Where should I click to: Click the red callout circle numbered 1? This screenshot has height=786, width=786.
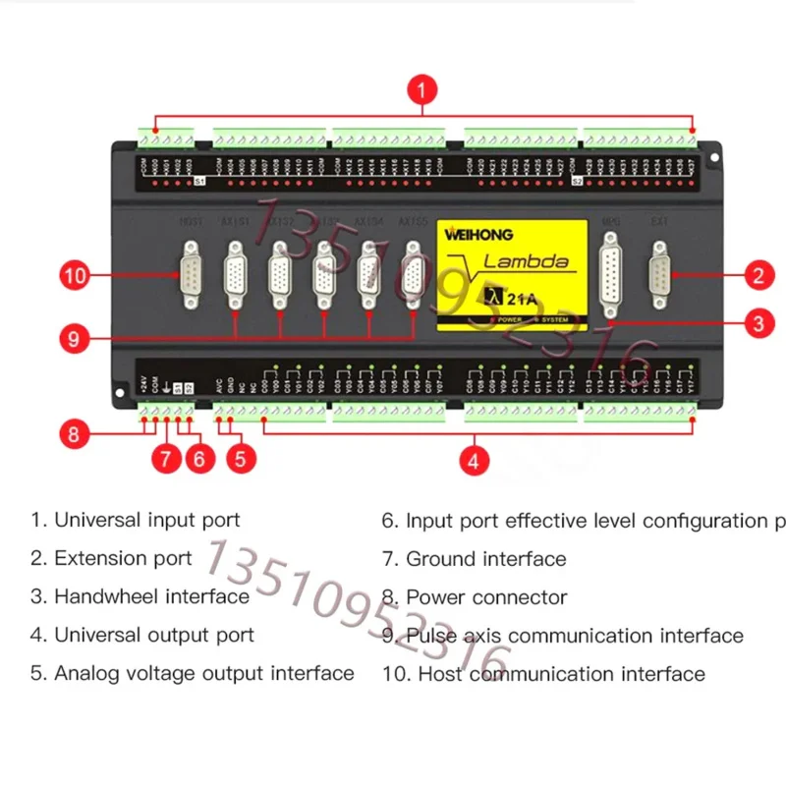421,92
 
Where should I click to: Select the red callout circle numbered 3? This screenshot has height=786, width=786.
757,322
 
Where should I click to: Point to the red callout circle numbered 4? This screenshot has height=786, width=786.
476,460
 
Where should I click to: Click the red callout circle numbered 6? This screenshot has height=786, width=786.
199,458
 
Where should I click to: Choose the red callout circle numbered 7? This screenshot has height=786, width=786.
165,458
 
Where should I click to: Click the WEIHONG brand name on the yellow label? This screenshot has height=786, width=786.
477,236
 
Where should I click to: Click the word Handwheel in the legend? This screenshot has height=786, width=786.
106,596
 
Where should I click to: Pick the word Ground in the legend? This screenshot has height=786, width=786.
438,559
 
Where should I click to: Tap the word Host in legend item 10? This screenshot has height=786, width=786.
439,674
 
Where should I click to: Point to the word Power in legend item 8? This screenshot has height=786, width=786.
435,596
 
